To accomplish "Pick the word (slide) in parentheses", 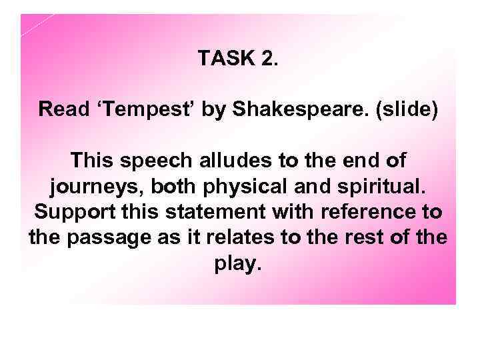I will [406, 109].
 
